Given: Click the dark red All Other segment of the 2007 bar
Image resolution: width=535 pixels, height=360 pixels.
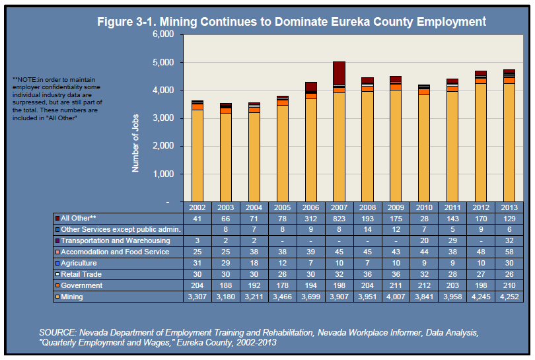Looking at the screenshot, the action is [339, 73].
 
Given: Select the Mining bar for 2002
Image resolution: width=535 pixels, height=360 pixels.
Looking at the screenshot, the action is [197, 156].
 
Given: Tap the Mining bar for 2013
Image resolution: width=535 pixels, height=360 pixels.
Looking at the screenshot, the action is [509, 143].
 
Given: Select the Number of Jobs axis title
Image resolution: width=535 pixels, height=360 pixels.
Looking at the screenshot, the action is [135, 143].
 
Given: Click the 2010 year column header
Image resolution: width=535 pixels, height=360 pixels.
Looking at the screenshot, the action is [424, 207].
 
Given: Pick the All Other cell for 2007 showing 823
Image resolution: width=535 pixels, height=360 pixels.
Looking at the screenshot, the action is [339, 219].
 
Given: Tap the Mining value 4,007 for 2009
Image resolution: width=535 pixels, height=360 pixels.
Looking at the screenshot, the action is [396, 297].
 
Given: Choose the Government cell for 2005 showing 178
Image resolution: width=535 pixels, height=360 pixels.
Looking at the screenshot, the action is [282, 285].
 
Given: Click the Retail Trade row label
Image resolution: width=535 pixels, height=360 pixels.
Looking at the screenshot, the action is [81, 274].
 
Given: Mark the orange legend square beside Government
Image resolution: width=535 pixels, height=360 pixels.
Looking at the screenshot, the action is [57, 285].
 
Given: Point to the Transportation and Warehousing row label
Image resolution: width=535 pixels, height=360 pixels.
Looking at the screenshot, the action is [116, 240].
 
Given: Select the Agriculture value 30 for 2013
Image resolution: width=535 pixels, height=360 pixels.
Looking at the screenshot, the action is [509, 263].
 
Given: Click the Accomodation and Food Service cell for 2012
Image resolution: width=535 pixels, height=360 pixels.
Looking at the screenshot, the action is [481, 252].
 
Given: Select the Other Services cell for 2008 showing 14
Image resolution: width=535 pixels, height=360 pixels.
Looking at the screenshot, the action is [367, 229].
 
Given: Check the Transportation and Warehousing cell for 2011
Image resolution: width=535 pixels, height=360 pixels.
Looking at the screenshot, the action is [452, 240].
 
